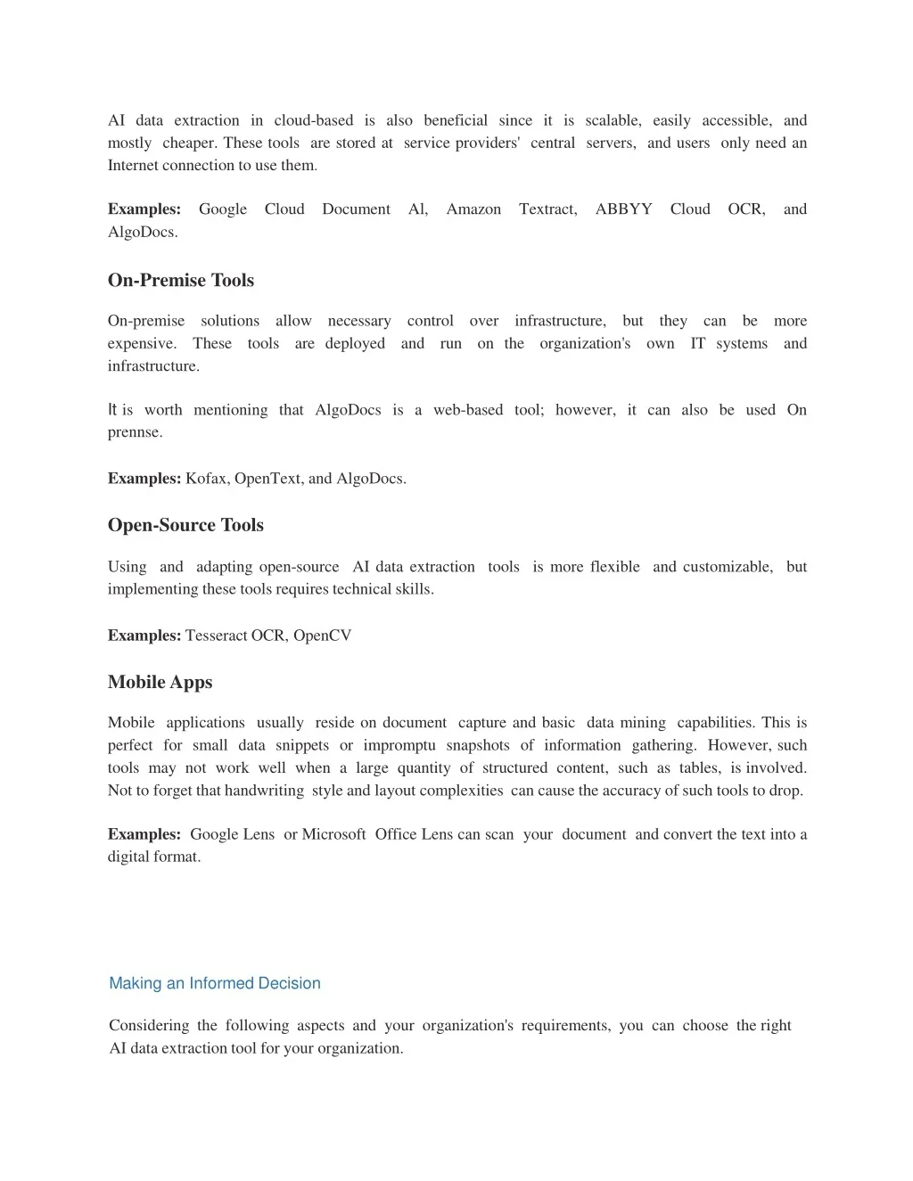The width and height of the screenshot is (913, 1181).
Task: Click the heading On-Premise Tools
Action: (x=181, y=280)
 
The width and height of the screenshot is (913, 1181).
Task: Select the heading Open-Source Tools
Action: (x=185, y=525)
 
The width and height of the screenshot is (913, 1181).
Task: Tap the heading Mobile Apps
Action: (x=160, y=682)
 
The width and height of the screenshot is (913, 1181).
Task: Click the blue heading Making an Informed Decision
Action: (x=215, y=983)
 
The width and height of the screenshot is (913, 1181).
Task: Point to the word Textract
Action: (x=547, y=209)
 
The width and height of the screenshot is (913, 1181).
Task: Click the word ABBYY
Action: (x=623, y=209)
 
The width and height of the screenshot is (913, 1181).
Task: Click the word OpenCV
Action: (x=323, y=636)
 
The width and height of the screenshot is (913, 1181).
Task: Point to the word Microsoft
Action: (x=333, y=834)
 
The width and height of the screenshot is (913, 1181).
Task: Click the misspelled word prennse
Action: (x=136, y=433)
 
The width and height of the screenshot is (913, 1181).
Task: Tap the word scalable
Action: (x=613, y=120)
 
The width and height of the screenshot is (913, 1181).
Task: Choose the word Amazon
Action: (x=473, y=209)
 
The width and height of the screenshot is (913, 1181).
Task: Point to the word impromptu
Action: (x=399, y=745)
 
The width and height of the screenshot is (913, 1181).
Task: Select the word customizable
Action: (x=728, y=567)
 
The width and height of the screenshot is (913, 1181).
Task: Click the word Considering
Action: (x=149, y=1026)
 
